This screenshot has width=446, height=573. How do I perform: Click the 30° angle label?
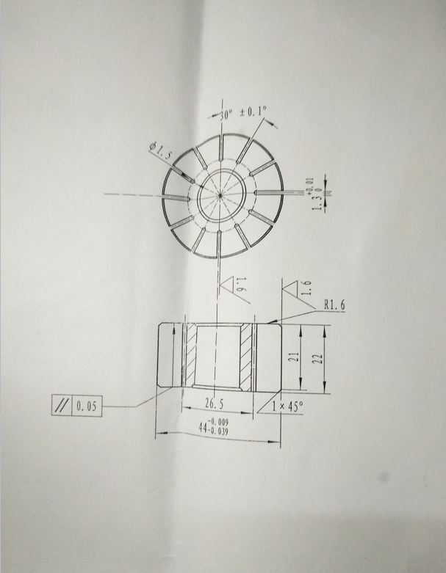pos(226,114)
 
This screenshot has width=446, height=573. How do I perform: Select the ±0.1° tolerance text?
pos(253,112)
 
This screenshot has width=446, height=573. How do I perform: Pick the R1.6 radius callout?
pos(335,303)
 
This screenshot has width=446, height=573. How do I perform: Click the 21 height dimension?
pos(291,357)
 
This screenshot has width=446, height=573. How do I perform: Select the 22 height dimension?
pos(318,359)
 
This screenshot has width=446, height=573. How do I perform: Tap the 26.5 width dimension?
pos(214,404)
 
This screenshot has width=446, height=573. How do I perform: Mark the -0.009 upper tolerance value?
pos(218,421)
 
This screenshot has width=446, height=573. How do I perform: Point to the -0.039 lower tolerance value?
pos(219,431)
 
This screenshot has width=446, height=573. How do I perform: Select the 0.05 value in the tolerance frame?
pos(87,404)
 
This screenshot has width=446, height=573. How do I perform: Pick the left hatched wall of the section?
pos(190,358)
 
